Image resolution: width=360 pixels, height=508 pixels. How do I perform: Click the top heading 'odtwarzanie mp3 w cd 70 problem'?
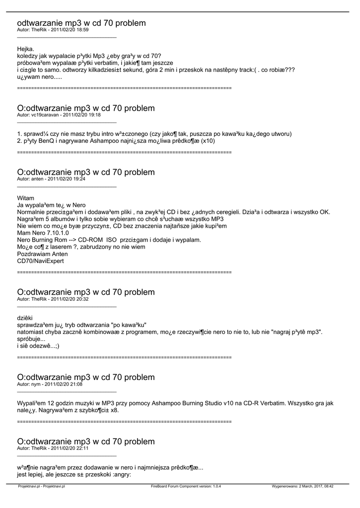tap(81, 23)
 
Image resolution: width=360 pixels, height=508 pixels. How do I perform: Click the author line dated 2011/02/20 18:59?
tap(53, 30)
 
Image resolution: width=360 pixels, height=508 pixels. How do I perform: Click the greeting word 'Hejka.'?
tap(25, 49)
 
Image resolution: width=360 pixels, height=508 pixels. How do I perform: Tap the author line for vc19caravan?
tap(59, 115)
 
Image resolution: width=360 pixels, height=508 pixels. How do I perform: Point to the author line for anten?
tap(51, 179)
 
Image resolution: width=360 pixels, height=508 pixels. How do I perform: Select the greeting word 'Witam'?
tap(26, 198)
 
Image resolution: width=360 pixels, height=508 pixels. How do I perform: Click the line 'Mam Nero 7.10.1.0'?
tap(41, 233)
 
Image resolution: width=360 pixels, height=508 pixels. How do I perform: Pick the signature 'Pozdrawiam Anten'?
tap(42, 254)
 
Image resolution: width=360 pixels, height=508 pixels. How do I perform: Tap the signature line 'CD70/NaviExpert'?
tap(40, 260)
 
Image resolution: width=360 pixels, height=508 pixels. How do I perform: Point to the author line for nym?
tap(50, 384)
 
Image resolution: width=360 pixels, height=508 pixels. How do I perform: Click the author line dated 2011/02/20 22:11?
tap(53, 448)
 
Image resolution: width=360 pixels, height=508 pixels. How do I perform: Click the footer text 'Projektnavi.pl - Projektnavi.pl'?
tap(42, 487)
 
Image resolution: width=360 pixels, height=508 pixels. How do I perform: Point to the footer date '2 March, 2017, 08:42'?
tap(315, 487)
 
